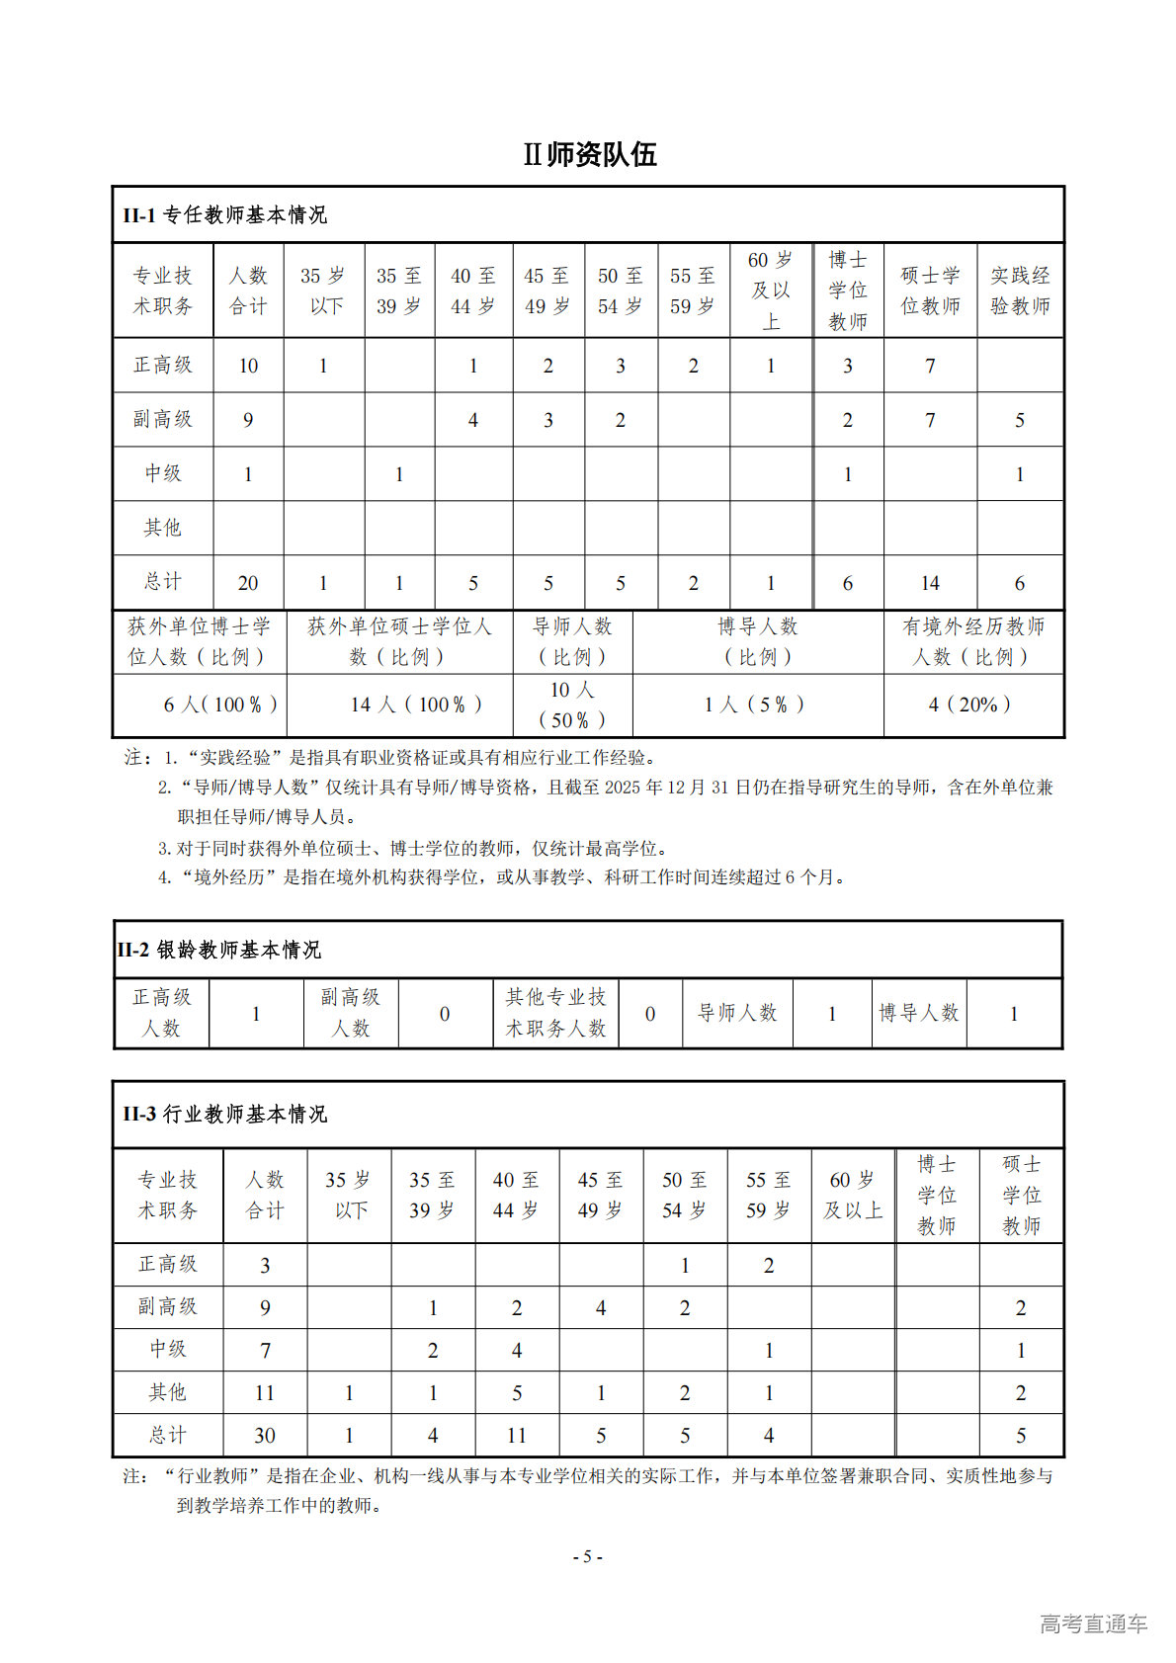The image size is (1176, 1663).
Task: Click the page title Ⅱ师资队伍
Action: (x=590, y=155)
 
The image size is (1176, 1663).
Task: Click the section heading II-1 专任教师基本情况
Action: (x=224, y=215)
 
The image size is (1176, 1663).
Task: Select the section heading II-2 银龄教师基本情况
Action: (x=218, y=950)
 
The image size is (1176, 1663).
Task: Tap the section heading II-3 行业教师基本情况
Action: (x=224, y=1114)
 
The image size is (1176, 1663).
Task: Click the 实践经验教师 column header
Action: (x=1020, y=291)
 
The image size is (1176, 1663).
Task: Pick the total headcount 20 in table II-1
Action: (x=248, y=583)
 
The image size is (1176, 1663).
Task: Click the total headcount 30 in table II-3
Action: (x=265, y=1436)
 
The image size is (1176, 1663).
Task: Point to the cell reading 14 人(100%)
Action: (x=416, y=705)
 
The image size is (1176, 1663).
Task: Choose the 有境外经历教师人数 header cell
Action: (x=973, y=641)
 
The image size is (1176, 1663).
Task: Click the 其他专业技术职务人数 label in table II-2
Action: (x=555, y=1013)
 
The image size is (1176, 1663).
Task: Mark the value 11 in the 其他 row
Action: (x=265, y=1393)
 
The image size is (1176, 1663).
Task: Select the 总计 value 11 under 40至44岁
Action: (x=517, y=1436)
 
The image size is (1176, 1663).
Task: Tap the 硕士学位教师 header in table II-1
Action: (x=930, y=291)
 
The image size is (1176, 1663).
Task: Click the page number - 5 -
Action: (x=588, y=1556)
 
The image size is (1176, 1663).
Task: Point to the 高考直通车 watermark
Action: (x=1093, y=1623)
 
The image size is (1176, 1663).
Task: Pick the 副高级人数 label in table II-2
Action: (x=350, y=1013)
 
